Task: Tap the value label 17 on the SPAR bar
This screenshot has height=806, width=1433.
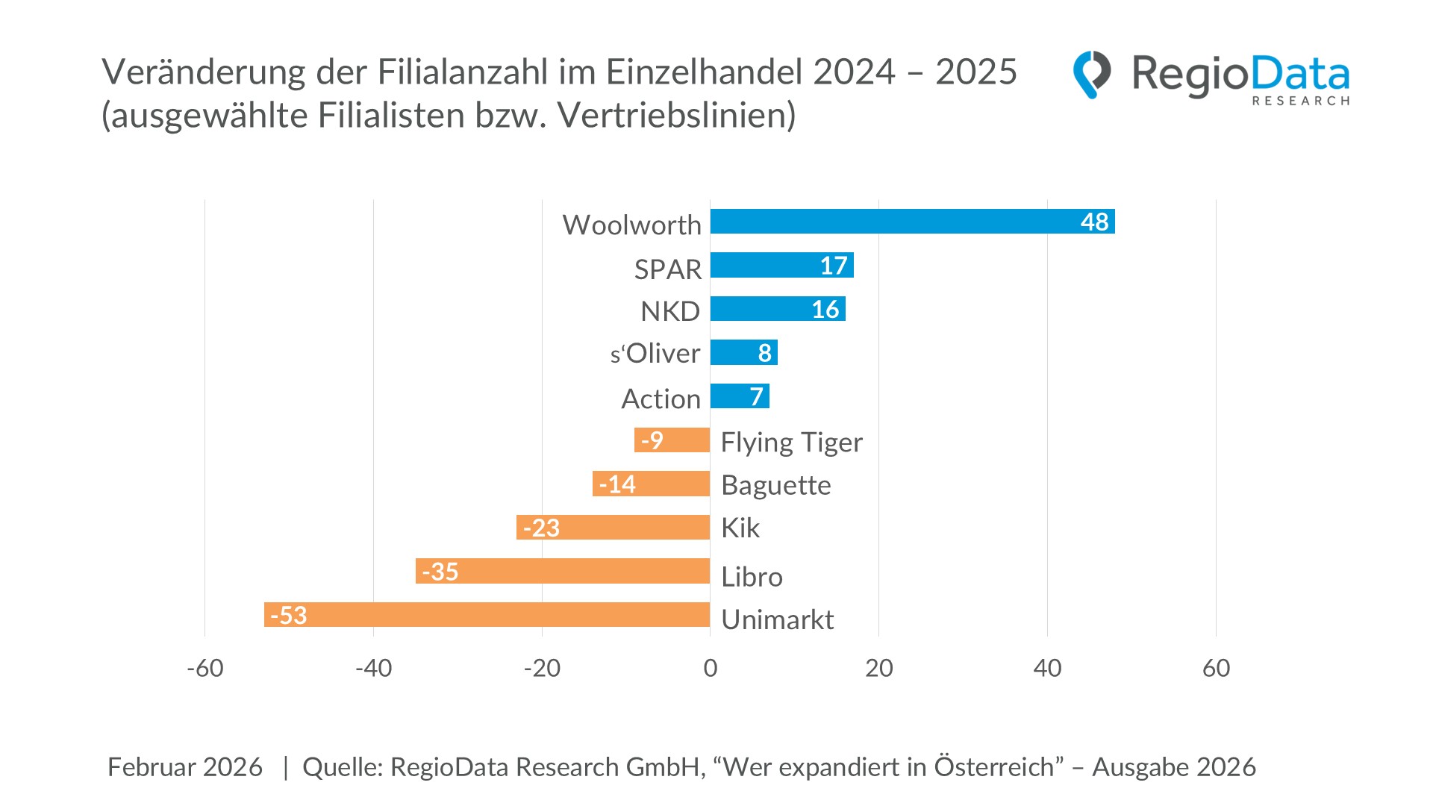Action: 833,266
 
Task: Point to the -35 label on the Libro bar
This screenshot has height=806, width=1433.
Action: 440,572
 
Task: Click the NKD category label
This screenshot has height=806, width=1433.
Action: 669,311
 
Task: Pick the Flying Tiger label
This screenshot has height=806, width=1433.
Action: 791,442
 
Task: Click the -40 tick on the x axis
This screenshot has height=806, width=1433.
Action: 373,668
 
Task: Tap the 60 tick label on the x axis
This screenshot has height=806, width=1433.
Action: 1216,668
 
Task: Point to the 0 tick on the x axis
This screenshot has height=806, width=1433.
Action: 710,668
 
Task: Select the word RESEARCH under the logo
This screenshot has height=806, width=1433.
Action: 1300,101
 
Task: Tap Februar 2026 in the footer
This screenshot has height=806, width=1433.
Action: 184,767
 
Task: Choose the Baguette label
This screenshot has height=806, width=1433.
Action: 775,485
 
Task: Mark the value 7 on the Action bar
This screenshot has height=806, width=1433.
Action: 756,396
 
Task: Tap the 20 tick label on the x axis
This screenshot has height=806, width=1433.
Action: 878,668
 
